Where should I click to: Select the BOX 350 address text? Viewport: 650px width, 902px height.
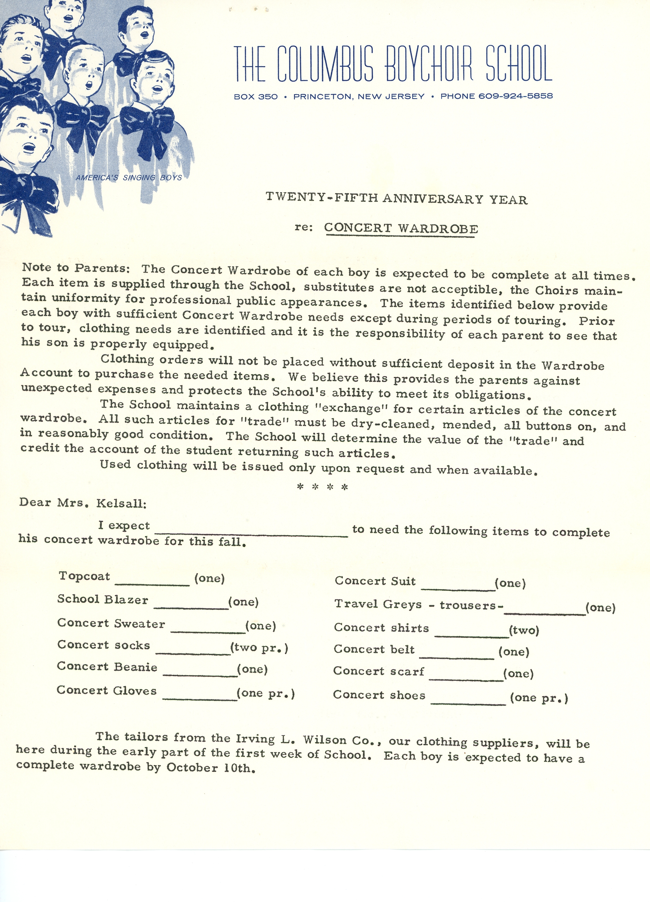click(x=256, y=96)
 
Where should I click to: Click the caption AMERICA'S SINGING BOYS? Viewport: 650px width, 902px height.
click(x=129, y=177)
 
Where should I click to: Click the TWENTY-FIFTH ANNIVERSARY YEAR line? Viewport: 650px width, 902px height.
click(x=396, y=199)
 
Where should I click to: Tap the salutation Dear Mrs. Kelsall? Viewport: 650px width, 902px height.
click(x=83, y=503)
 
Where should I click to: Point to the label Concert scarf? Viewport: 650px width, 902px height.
click(x=378, y=671)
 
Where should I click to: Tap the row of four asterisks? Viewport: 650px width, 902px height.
click(x=323, y=487)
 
